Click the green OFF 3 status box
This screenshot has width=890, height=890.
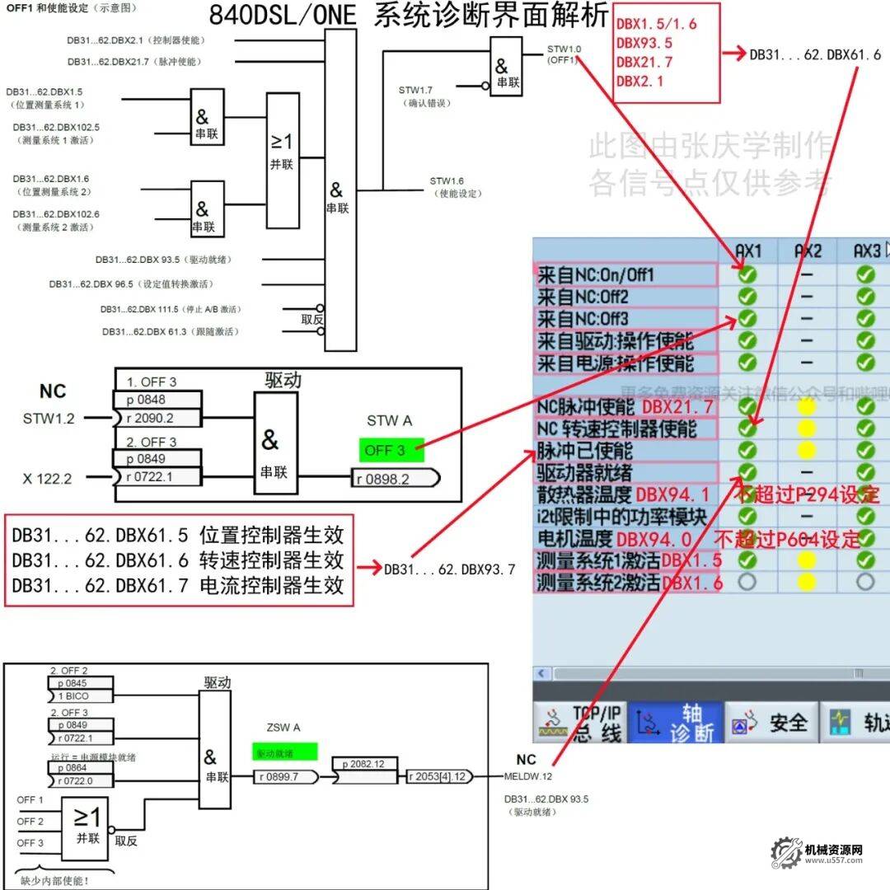(391, 450)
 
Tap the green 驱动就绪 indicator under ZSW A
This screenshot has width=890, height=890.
(284, 752)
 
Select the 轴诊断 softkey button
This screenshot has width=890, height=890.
(677, 723)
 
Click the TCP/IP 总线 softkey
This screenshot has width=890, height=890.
(581, 723)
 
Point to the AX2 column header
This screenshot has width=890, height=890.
(808, 251)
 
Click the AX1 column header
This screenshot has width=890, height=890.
(747, 251)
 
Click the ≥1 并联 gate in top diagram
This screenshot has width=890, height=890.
(282, 160)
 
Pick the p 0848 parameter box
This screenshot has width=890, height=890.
(156, 400)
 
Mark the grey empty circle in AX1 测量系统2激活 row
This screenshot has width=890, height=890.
(747, 582)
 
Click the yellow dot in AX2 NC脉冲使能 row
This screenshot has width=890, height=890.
(807, 406)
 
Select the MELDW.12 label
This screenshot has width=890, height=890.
(533, 775)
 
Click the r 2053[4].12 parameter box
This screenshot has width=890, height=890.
(441, 776)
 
